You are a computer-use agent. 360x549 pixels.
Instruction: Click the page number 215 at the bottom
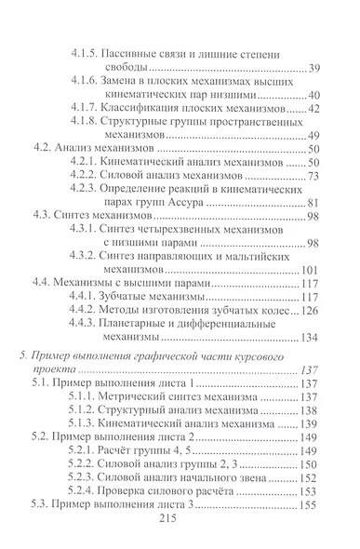pyautogui.click(x=181, y=525)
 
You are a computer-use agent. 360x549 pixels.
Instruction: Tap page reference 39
pyautogui.click(x=314, y=68)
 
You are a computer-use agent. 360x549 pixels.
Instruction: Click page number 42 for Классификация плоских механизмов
pyautogui.click(x=314, y=108)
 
